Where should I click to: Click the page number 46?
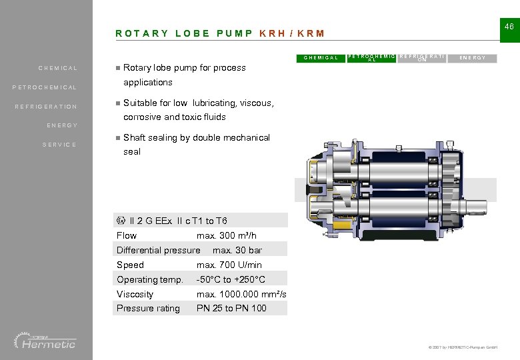pyautogui.click(x=509, y=26)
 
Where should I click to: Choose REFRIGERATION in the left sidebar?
pyautogui.click(x=47, y=107)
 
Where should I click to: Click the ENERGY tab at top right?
pyautogui.click(x=477, y=58)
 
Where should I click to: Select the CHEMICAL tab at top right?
pyautogui.click(x=321, y=58)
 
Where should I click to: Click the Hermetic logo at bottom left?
pyautogui.click(x=45, y=341)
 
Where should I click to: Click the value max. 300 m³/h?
pyautogui.click(x=227, y=235)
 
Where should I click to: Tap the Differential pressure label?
pyautogui.click(x=158, y=250)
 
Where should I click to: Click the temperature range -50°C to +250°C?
pyautogui.click(x=231, y=279)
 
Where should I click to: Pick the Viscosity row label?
pyautogui.click(x=135, y=294)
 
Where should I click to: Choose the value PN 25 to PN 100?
pyautogui.click(x=231, y=308)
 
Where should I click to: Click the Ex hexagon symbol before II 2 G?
pyautogui.click(x=121, y=221)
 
